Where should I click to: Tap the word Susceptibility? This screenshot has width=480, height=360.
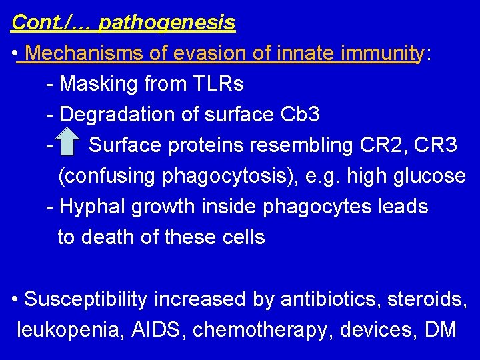click(x=85, y=299)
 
